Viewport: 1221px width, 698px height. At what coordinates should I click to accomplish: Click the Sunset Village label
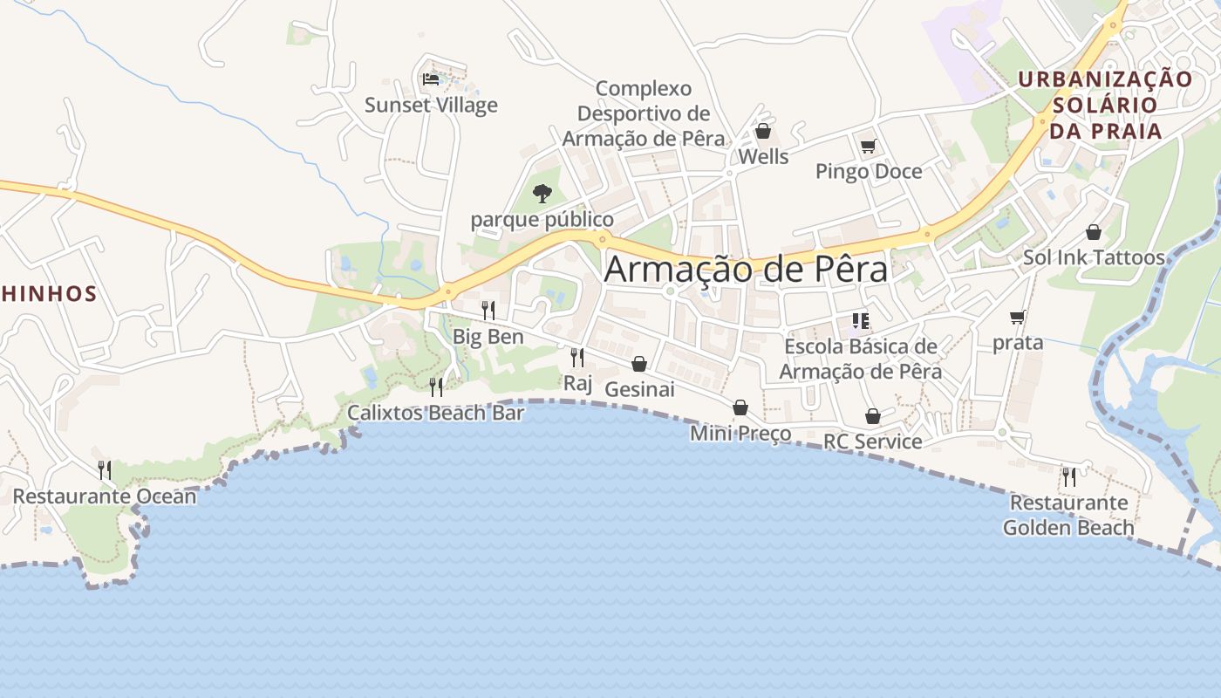click(431, 106)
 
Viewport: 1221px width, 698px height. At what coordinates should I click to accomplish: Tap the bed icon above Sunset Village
click(431, 79)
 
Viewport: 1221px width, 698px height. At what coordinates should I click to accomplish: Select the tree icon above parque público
click(542, 193)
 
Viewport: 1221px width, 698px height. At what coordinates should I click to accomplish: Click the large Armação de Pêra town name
click(746, 269)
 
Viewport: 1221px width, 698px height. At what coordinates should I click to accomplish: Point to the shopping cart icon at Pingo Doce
click(868, 146)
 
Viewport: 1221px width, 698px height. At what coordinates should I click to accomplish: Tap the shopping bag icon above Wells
click(763, 131)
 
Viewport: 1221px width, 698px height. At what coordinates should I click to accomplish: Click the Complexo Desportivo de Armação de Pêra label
click(644, 113)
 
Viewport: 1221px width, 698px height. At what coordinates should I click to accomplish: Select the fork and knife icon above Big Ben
click(488, 310)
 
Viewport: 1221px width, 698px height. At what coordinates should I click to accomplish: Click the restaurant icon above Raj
click(576, 357)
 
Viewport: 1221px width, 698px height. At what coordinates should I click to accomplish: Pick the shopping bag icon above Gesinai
click(639, 364)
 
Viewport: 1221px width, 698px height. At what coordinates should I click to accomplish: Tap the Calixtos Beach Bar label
click(436, 413)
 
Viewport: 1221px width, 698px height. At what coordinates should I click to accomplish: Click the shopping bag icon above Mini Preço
click(740, 407)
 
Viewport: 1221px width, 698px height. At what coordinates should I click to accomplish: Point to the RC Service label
click(873, 441)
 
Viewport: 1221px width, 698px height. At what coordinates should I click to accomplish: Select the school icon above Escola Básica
click(861, 320)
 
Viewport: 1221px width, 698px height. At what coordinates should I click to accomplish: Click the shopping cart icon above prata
click(1018, 317)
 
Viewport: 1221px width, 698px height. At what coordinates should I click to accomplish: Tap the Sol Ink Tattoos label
click(1094, 257)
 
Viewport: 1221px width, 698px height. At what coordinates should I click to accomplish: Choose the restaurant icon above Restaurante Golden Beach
click(1068, 476)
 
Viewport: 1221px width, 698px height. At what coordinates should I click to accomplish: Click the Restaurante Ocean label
click(105, 496)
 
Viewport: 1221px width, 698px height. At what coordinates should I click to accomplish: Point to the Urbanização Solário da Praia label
click(1106, 105)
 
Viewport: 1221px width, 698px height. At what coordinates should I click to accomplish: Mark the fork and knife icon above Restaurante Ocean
click(105, 470)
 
